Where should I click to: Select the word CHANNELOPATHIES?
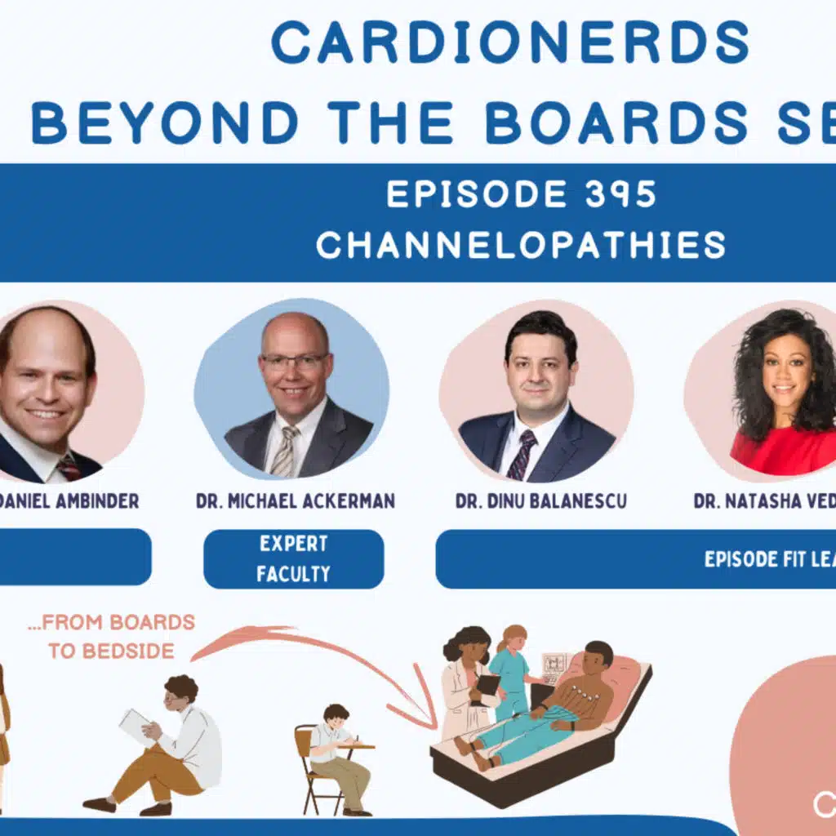point(521,245)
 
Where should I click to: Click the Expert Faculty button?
point(293,559)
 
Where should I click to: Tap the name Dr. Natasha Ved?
point(764,500)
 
